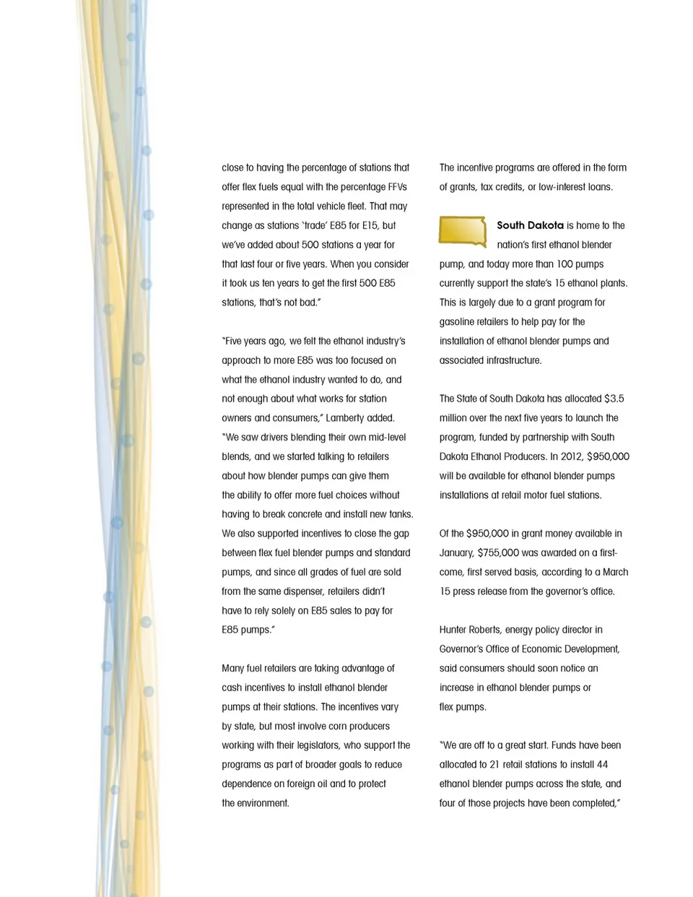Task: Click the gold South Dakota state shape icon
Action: click(463, 231)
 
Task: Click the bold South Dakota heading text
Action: click(530, 225)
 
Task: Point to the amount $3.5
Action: click(614, 399)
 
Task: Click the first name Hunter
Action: click(456, 630)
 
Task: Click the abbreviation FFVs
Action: click(397, 187)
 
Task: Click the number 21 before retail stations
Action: click(494, 765)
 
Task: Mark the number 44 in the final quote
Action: click(602, 765)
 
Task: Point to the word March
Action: click(615, 572)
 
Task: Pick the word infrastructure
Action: click(504, 360)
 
